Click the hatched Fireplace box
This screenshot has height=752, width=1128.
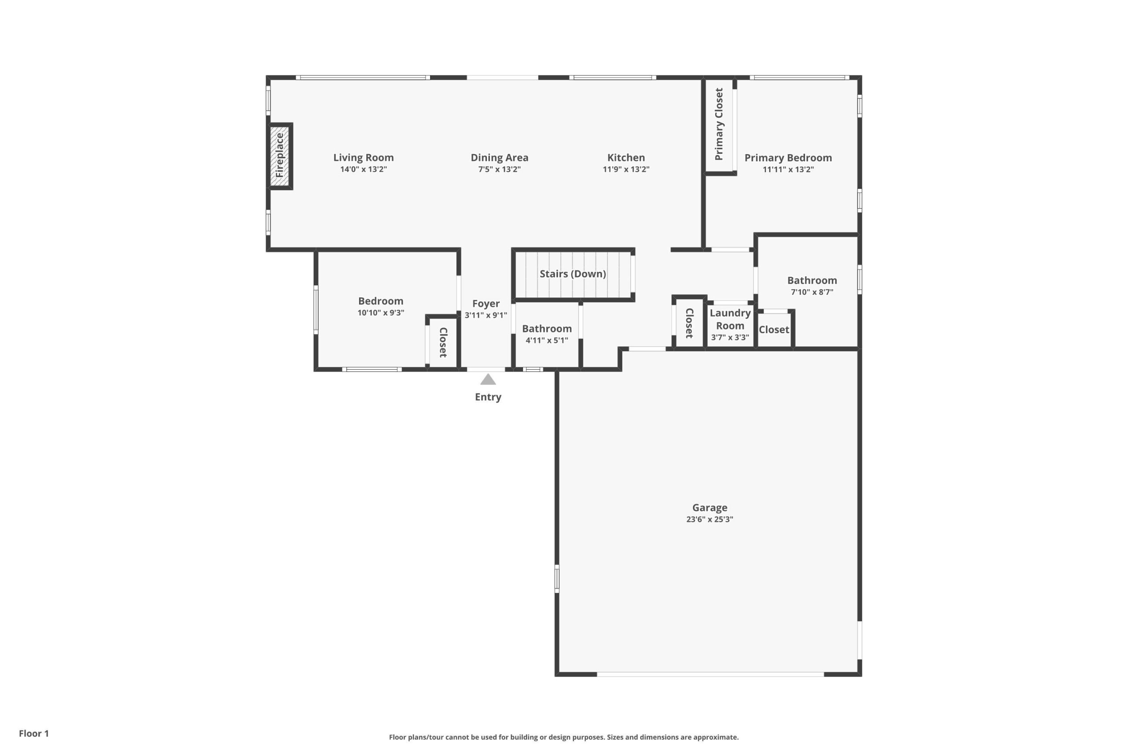tap(280, 156)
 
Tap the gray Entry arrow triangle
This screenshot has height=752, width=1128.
tap(488, 379)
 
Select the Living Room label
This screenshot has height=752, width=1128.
tap(364, 157)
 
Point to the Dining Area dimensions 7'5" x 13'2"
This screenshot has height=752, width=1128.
tap(499, 169)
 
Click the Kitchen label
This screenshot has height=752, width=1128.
tap(626, 157)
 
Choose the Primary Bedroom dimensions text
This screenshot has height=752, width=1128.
tap(788, 169)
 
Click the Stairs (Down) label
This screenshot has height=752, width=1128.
tap(573, 274)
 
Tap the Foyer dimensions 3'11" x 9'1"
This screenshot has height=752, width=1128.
tap(486, 315)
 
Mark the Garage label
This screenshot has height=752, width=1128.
tap(710, 508)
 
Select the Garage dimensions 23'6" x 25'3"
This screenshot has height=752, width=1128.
tap(710, 519)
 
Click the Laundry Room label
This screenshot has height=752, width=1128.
tap(730, 319)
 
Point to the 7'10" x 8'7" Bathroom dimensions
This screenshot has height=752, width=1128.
tap(812, 292)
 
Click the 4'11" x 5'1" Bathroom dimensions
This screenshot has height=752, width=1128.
tap(547, 340)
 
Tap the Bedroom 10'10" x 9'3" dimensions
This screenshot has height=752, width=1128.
tap(381, 313)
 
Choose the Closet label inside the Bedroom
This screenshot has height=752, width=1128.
tap(443, 342)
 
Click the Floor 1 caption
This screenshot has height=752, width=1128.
tap(34, 733)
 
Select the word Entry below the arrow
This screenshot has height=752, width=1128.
tap(488, 397)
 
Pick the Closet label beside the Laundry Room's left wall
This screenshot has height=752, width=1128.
tap(690, 323)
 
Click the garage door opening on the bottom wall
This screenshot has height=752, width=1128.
tap(710, 674)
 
